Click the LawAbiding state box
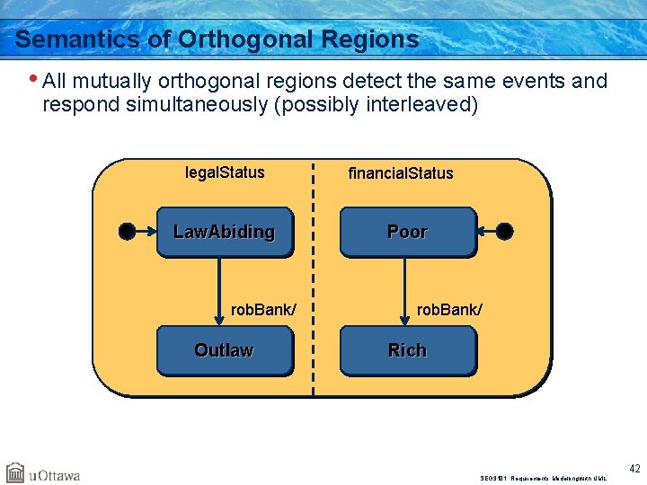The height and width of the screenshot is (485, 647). click(x=224, y=232)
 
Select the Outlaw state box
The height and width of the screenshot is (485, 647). click(x=224, y=350)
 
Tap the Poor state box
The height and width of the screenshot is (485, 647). click(x=407, y=232)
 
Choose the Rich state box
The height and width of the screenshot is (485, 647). click(x=407, y=350)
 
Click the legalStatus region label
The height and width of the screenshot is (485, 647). click(x=225, y=172)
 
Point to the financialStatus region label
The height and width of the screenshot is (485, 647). click(x=401, y=173)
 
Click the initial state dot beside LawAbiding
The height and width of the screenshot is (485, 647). click(x=127, y=232)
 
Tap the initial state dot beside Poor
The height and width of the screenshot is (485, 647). click(x=505, y=232)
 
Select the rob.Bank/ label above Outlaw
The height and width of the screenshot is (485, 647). click(x=262, y=310)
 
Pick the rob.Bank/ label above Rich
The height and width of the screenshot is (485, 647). click(x=449, y=310)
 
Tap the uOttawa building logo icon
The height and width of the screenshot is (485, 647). click(x=15, y=472)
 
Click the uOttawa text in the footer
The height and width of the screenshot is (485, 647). click(x=55, y=475)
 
